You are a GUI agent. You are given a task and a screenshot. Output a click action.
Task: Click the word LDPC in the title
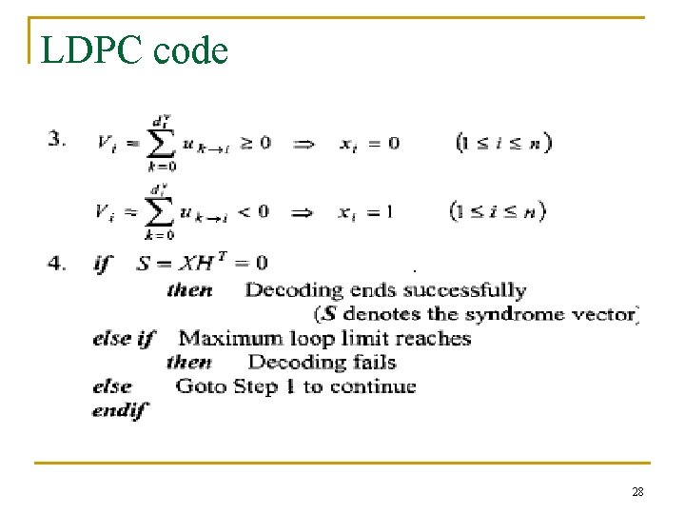(x=87, y=49)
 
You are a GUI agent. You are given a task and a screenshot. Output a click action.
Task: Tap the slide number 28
(x=637, y=491)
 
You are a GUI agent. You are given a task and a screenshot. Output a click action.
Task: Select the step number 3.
(x=56, y=138)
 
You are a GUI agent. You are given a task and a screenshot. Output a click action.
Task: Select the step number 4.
(x=56, y=263)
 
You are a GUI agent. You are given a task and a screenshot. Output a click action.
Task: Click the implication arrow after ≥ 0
(x=303, y=143)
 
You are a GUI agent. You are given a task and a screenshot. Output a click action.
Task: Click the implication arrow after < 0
(x=303, y=211)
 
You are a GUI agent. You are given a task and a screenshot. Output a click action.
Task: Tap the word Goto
(x=201, y=386)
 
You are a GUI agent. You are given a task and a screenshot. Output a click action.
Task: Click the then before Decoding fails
(x=189, y=362)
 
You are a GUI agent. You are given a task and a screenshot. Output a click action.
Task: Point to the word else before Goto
(x=112, y=386)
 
